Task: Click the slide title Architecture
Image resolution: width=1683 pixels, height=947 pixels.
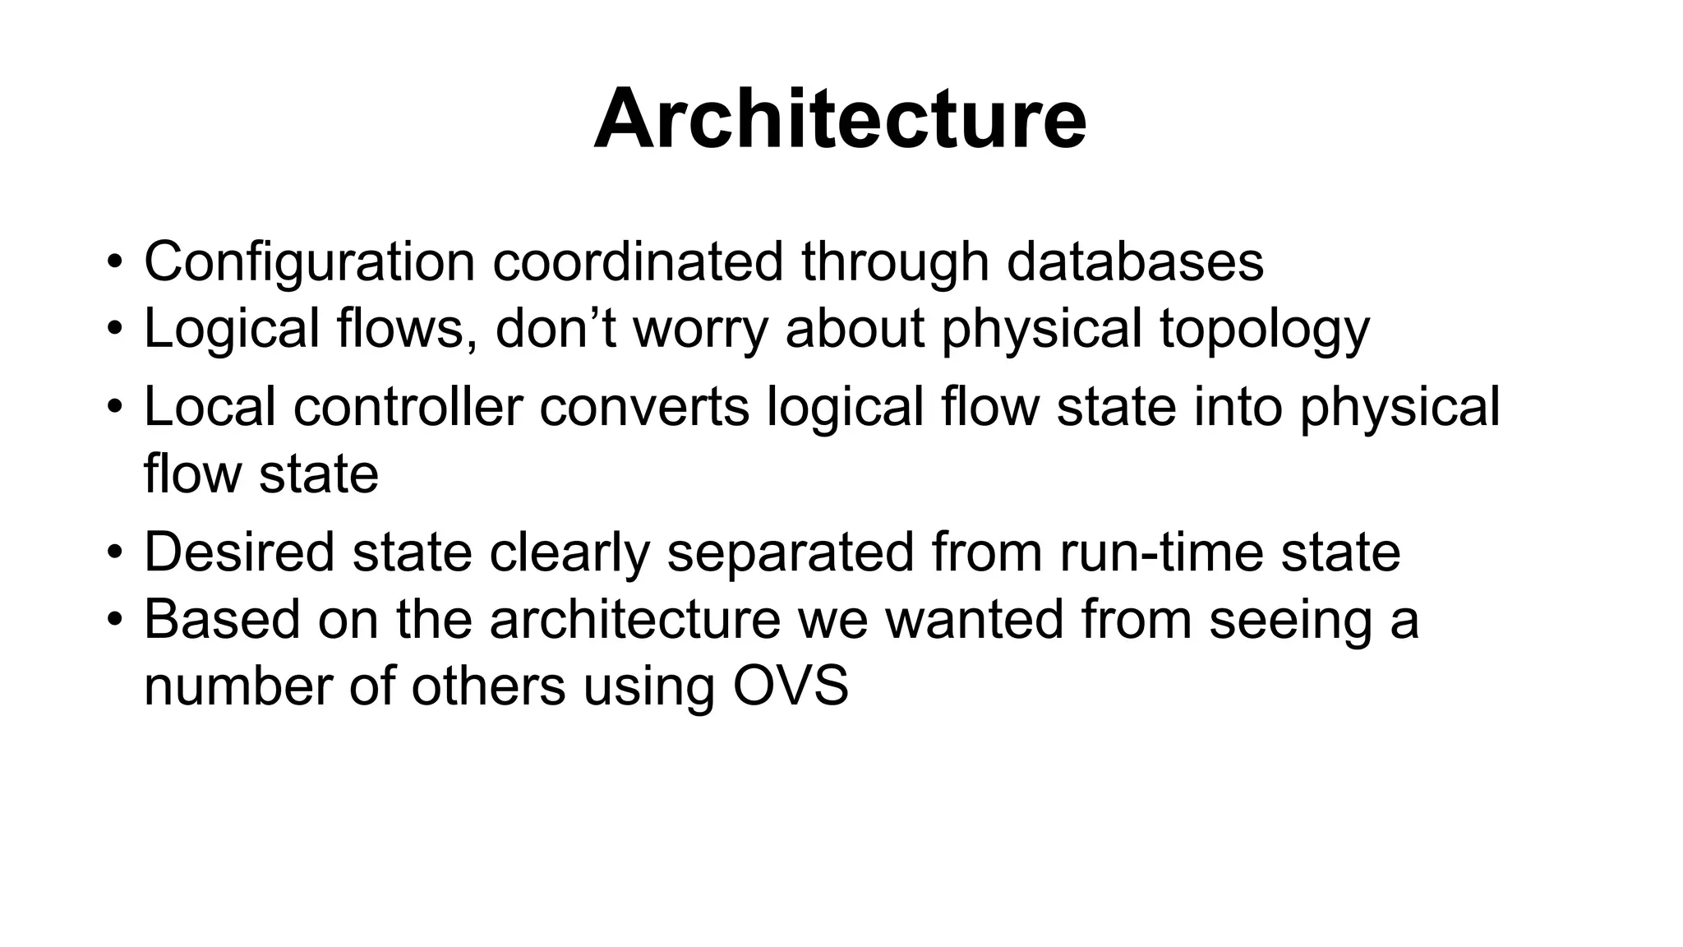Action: pyautogui.click(x=840, y=120)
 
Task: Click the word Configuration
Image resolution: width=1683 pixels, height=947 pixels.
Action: pyautogui.click(x=309, y=263)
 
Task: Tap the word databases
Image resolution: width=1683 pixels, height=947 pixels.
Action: pyautogui.click(x=1135, y=263)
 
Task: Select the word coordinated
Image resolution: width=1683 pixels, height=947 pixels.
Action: pyautogui.click(x=638, y=263)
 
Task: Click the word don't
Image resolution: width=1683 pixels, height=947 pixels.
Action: pyautogui.click(x=556, y=329)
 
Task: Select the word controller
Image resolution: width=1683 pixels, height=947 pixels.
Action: pyautogui.click(x=408, y=407)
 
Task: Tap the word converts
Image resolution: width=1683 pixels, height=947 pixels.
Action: pyautogui.click(x=644, y=407)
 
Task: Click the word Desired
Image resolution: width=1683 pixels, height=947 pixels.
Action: pyautogui.click(x=239, y=552)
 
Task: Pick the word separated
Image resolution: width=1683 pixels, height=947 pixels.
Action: pyautogui.click(x=791, y=552)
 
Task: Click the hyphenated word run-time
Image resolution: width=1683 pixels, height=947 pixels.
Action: pyautogui.click(x=1161, y=552)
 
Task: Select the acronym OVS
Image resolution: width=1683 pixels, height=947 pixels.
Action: pyautogui.click(x=790, y=686)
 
